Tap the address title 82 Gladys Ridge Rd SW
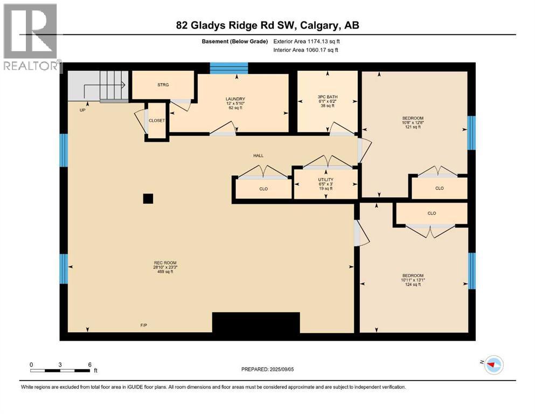[268, 25]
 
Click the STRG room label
[163, 85]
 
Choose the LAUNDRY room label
[235, 99]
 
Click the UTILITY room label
[325, 180]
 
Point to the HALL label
[259, 155]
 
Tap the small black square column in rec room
[148, 198]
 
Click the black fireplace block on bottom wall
[256, 323]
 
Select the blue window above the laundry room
[228, 67]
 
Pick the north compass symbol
[492, 365]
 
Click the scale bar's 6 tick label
[89, 364]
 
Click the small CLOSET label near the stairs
[157, 121]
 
